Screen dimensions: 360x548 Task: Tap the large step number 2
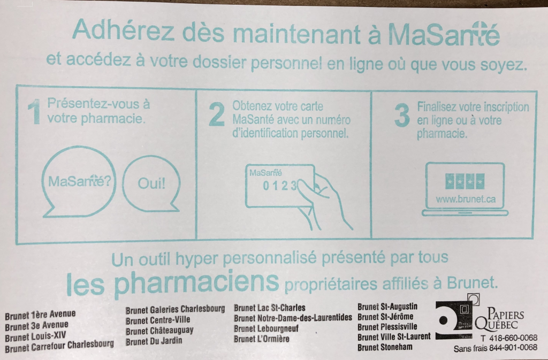pyautogui.click(x=216, y=115)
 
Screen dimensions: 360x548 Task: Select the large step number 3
pyautogui.click(x=402, y=115)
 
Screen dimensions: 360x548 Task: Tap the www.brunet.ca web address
pyautogui.click(x=465, y=199)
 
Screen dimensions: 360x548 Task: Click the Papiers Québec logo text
pyautogui.click(x=505, y=320)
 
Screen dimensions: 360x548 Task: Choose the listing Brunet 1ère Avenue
pyautogui.click(x=40, y=315)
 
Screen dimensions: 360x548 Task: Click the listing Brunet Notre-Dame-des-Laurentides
pyautogui.click(x=293, y=318)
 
